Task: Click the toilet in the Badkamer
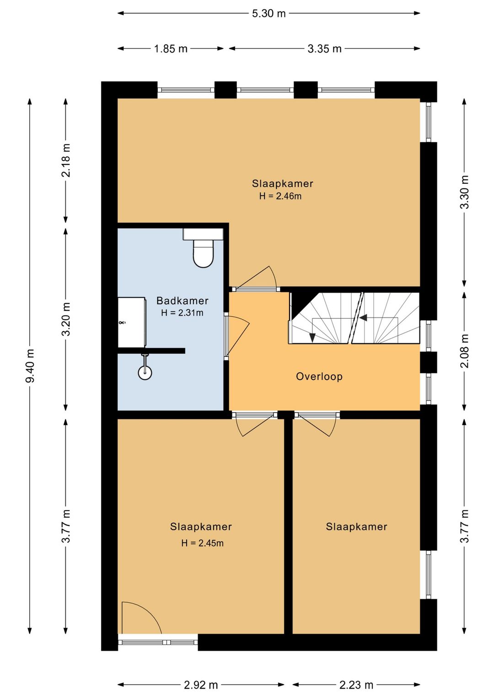tap(203, 247)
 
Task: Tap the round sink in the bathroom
tap(145, 372)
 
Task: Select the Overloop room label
tap(319, 376)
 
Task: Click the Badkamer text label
tap(183, 301)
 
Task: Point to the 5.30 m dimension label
tap(268, 13)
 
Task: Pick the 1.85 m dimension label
tap(171, 48)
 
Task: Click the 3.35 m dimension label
tap(324, 48)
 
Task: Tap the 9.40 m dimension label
tap(30, 365)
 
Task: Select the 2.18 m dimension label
tap(66, 161)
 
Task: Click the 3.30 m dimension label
tap(464, 192)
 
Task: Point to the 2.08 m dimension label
tap(464, 351)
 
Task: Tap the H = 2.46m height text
tap(280, 196)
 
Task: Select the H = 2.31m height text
tap(183, 312)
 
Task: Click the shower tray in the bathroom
tap(132, 322)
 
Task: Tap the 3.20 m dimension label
tap(66, 319)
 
